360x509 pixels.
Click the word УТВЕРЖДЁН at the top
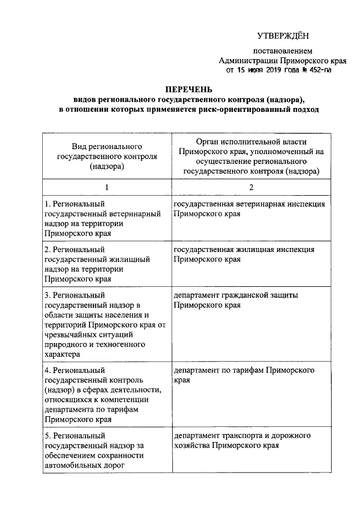click(283, 36)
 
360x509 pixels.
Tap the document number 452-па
click(330, 71)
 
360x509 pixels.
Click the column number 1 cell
click(106, 187)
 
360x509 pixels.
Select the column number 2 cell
click(251, 187)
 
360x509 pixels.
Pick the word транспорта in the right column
click(244, 436)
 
